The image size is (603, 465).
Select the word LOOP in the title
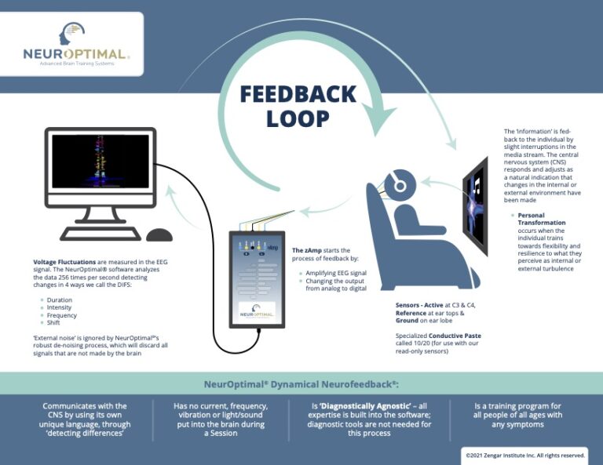point(298,119)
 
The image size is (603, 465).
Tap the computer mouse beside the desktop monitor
point(159,234)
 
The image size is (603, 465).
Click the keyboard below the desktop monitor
point(100,234)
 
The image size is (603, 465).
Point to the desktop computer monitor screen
point(100,162)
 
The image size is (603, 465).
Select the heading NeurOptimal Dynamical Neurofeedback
point(301,384)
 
